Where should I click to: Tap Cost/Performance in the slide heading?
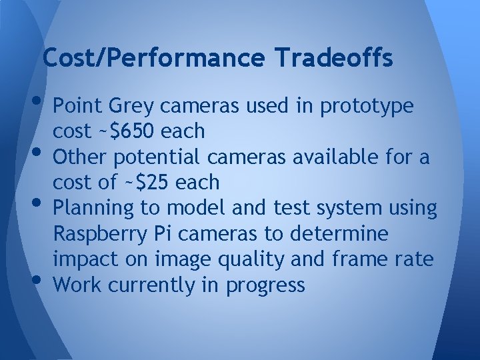pos(153,59)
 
